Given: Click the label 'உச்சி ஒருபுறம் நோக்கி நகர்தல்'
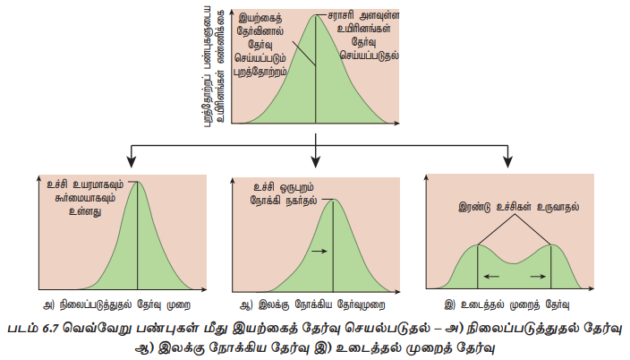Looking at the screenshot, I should coord(277,193).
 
